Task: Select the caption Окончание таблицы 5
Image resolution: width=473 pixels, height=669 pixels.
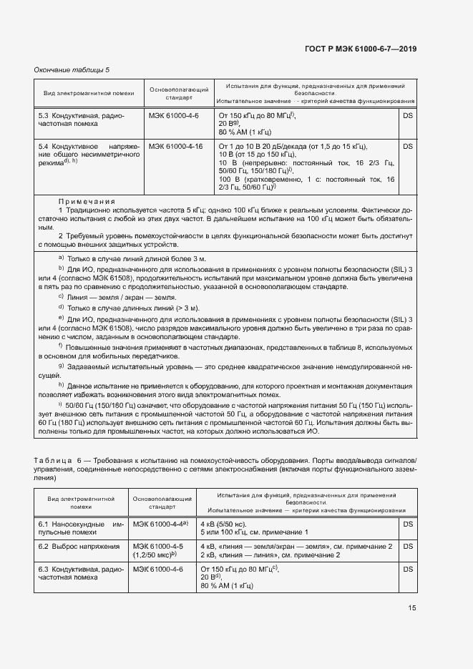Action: [x=72, y=69]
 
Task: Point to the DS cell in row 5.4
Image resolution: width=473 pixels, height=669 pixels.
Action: [x=408, y=146]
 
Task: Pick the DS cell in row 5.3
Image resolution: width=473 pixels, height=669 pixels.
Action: [x=408, y=115]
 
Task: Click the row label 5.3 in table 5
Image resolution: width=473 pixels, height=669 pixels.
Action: [x=43, y=115]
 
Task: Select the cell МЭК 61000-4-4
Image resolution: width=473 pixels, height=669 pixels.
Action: [x=160, y=524]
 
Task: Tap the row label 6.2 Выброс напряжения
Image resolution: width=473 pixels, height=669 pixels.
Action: [x=79, y=546]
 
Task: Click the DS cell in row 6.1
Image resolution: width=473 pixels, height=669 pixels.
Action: [x=408, y=524]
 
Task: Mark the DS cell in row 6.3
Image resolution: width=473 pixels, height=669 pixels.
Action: [x=408, y=568]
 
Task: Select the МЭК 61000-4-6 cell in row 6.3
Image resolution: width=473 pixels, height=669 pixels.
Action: [x=158, y=568]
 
